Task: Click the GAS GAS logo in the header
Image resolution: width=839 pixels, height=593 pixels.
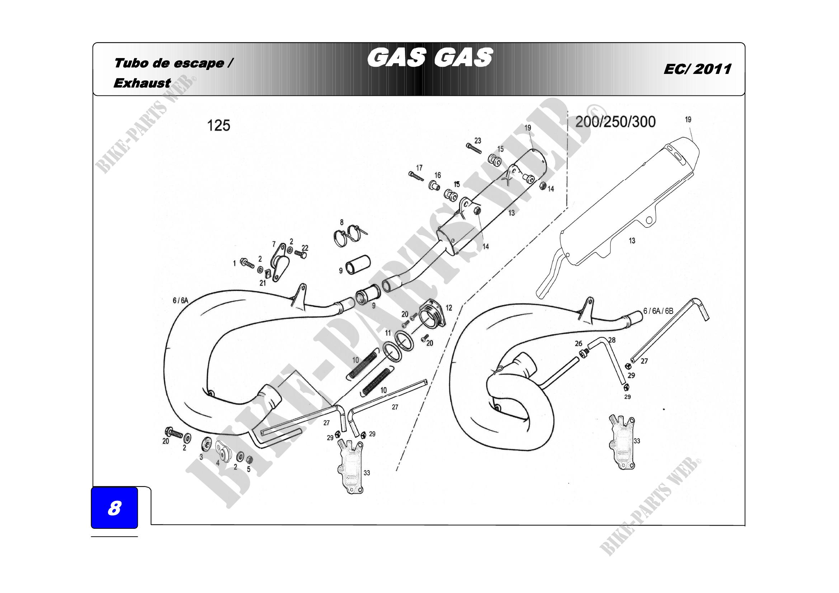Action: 430,58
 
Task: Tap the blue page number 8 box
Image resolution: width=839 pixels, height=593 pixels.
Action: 114,508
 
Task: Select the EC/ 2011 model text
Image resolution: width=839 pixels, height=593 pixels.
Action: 697,69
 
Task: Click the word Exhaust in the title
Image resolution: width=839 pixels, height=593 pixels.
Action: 142,83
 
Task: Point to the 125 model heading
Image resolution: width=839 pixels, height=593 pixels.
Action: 218,126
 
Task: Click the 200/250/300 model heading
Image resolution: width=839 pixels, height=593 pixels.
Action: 616,122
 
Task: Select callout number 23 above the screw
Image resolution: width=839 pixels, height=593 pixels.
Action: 477,141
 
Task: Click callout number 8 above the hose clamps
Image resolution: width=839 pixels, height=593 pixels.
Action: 342,222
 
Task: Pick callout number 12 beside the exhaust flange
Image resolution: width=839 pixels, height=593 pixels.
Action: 449,308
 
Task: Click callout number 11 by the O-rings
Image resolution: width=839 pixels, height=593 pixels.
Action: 388,333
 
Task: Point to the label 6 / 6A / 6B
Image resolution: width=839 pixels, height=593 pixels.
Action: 658,311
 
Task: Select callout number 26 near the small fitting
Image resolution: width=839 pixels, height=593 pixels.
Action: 579,343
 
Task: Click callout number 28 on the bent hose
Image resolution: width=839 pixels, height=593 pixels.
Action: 612,340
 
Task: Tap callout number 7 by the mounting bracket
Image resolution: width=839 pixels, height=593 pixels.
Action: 274,244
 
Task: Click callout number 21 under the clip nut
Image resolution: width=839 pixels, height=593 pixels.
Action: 263,283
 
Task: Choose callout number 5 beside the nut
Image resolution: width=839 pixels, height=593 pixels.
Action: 249,469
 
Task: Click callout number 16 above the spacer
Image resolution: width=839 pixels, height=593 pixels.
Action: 437,175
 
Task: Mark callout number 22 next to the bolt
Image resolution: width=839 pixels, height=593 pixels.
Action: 305,248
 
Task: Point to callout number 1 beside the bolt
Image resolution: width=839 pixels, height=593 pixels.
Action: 235,263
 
